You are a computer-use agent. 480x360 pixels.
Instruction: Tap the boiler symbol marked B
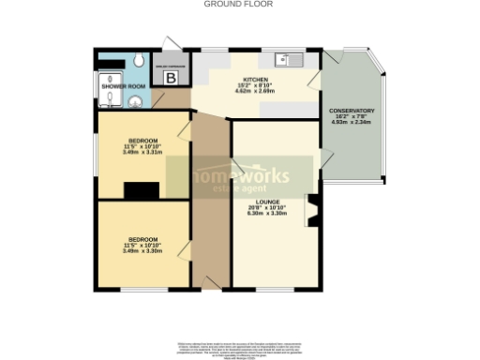point(171,78)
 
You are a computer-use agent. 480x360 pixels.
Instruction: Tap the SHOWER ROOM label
point(123,86)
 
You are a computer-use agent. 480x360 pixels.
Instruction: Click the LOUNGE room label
point(275,202)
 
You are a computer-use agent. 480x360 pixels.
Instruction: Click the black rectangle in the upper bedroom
point(142,191)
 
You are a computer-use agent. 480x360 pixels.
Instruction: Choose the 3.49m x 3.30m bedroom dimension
point(142,250)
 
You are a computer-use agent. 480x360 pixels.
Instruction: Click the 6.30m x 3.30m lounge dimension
point(275,214)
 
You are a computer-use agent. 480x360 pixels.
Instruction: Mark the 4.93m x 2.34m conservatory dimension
point(352,123)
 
